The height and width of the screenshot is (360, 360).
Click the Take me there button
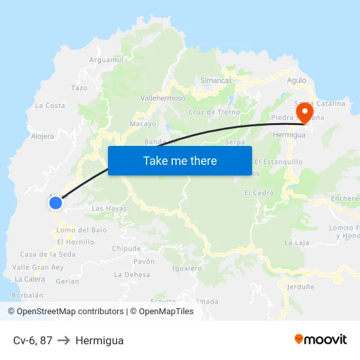tap(180, 160)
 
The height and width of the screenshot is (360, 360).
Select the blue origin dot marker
tap(56, 203)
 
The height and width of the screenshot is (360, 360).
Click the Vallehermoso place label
tap(163, 98)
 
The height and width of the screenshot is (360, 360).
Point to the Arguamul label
tap(106, 60)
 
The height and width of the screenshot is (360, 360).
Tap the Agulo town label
tap(297, 81)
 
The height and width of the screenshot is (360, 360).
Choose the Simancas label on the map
tap(216, 81)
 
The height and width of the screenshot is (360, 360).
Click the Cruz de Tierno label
tap(214, 112)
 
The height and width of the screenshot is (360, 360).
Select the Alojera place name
tap(43, 137)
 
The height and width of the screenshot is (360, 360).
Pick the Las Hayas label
tap(109, 208)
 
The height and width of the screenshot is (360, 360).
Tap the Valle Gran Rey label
tap(38, 267)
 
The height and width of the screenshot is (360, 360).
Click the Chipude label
tap(126, 249)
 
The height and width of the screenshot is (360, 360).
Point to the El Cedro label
tap(259, 193)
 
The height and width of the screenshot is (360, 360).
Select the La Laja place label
tap(297, 243)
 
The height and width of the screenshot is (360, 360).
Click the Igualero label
tap(187, 268)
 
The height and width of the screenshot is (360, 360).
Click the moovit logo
tap(320, 339)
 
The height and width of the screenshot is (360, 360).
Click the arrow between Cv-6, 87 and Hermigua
tap(64, 340)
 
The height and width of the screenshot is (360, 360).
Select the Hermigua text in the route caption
tap(99, 340)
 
